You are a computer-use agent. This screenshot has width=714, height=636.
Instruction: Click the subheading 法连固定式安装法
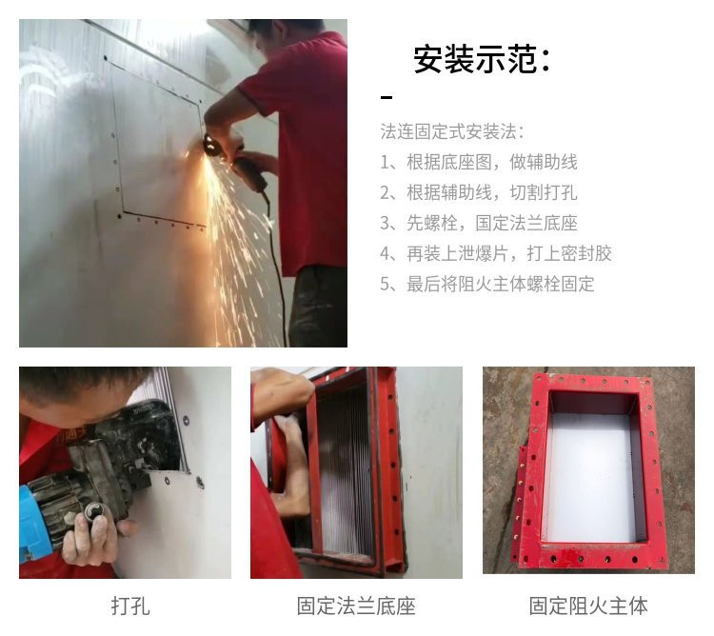(x=449, y=132)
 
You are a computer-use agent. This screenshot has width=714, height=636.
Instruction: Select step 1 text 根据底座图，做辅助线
(x=492, y=162)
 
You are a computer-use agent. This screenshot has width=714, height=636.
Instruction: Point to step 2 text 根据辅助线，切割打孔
(x=492, y=192)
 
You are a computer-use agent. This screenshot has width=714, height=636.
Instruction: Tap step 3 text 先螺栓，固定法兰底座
(x=492, y=223)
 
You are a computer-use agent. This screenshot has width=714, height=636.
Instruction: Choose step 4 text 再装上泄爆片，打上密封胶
(x=509, y=253)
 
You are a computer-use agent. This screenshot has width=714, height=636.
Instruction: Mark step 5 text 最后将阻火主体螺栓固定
(x=501, y=284)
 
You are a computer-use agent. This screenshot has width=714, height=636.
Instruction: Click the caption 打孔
(x=130, y=606)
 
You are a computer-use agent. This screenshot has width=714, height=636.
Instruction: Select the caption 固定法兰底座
(x=356, y=606)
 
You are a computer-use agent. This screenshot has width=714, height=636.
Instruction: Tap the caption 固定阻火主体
(x=588, y=606)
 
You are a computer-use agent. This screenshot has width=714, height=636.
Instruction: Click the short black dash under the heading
(x=387, y=97)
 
